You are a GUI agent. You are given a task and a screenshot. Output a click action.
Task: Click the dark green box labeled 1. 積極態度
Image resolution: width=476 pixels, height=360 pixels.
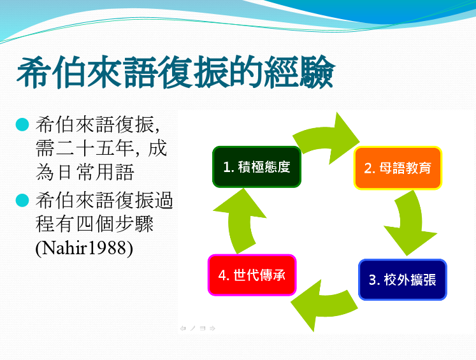tap(257, 167)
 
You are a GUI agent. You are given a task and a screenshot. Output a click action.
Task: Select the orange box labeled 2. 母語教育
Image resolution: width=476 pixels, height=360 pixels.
tap(398, 168)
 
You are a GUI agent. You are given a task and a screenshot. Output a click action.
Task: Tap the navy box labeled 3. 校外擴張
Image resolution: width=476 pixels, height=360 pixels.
tap(403, 280)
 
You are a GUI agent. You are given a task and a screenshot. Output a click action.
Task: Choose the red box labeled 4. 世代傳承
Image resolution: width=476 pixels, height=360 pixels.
tap(252, 275)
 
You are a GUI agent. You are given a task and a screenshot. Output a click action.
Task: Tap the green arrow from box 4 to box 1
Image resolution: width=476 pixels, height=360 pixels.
tap(240, 219)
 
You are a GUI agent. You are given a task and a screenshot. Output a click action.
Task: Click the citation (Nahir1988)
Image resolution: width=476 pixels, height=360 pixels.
tap(84, 248)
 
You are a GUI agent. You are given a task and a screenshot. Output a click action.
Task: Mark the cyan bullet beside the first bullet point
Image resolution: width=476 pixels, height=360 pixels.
tap(22, 124)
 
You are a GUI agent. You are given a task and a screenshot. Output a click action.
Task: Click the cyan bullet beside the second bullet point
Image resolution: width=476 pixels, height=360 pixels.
tap(22, 200)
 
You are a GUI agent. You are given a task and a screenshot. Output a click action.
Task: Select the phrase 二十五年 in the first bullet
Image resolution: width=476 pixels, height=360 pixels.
tap(95, 148)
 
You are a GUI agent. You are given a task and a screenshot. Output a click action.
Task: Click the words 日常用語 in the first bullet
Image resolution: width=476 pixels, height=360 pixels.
tap(95, 172)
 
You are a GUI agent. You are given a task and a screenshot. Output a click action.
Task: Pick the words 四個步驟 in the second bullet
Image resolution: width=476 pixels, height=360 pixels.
tap(115, 224)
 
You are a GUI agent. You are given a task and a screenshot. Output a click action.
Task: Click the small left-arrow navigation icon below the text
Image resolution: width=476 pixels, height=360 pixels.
tap(183, 328)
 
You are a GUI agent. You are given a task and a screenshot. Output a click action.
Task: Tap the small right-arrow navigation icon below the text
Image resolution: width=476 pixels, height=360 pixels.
tap(212, 328)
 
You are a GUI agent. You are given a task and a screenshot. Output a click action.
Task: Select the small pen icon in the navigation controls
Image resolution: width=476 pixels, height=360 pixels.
tap(193, 328)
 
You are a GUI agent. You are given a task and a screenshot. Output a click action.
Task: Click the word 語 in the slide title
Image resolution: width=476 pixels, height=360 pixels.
tap(140, 72)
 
